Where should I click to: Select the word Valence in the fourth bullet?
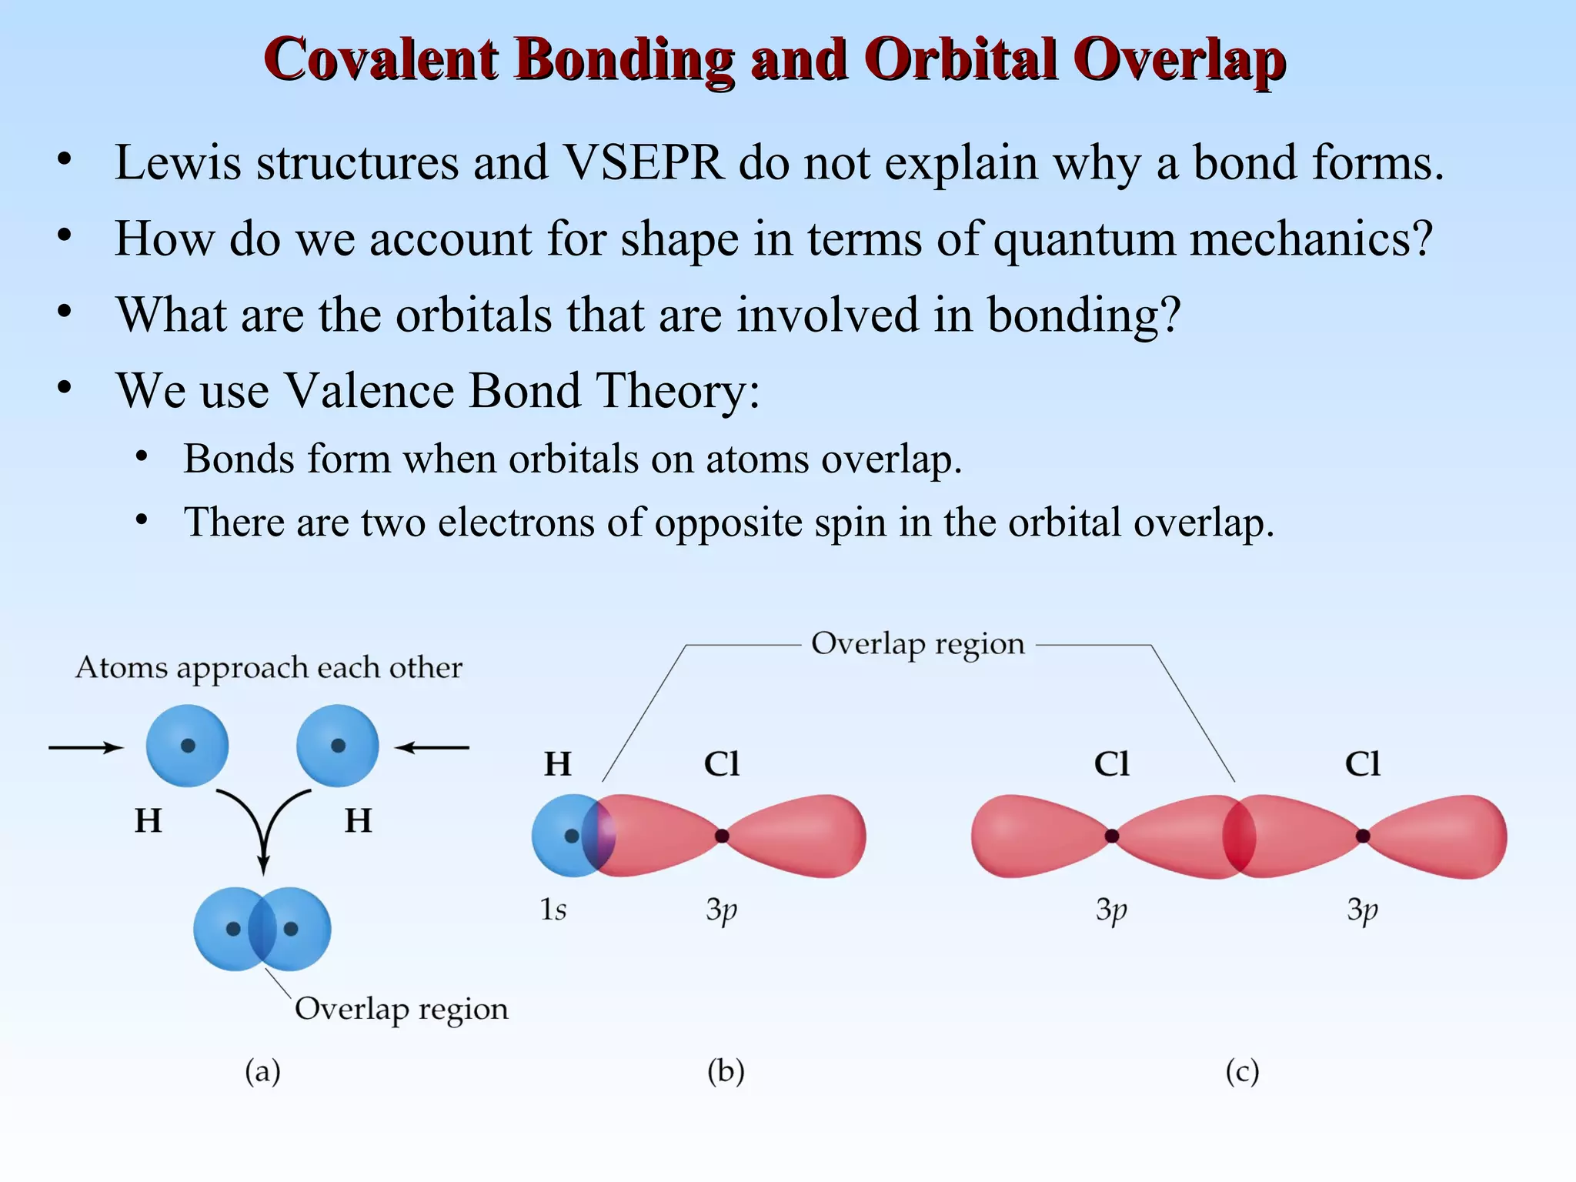pos(369,390)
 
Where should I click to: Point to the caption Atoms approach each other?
pos(269,667)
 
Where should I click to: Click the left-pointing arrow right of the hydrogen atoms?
pos(432,747)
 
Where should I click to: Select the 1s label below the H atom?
pos(553,910)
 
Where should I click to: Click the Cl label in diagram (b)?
pos(721,764)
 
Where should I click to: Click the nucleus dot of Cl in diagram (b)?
pos(722,836)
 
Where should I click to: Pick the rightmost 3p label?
pos(1362,910)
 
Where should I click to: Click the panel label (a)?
pos(262,1071)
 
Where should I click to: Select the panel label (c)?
pos(1242,1071)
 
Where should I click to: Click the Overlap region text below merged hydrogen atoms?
pos(401,1008)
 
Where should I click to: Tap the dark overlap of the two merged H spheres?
pos(262,929)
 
